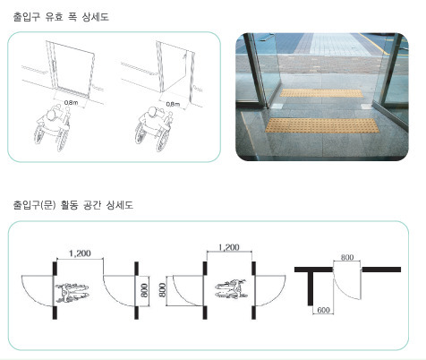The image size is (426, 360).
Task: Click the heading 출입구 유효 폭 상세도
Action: [61, 17]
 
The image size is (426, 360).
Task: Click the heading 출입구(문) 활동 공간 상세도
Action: [73, 205]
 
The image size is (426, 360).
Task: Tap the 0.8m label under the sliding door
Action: [71, 103]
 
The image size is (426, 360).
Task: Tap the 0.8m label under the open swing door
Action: [173, 104]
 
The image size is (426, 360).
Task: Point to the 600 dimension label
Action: [323, 310]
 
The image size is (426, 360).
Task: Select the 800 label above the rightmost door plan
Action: [347, 257]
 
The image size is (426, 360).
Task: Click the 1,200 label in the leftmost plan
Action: [80, 253]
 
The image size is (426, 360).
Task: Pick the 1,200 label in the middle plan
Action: [229, 247]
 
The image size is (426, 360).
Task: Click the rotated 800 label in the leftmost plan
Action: [144, 291]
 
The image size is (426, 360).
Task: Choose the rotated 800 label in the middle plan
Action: [163, 290]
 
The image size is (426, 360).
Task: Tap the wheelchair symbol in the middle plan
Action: [232, 289]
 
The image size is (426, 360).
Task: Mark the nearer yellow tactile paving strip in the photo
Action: [322, 125]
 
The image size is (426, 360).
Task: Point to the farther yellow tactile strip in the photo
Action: [321, 93]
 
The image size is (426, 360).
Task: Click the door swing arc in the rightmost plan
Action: [342, 292]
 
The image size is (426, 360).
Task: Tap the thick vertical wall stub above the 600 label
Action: [311, 288]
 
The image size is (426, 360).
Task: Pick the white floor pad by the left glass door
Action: [277, 106]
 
